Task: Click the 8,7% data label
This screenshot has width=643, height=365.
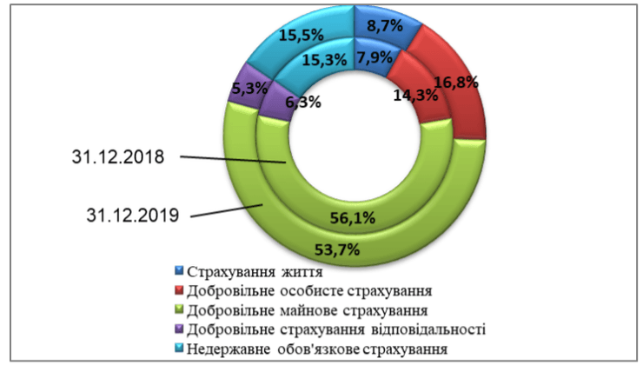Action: tap(385, 26)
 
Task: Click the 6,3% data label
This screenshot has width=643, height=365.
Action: tap(302, 102)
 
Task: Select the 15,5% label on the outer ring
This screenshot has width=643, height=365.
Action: tap(302, 36)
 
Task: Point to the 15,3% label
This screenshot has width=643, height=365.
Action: tap(325, 60)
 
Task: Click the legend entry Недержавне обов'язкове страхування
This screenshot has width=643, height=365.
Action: tap(319, 348)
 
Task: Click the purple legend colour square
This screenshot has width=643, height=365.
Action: tap(179, 328)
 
